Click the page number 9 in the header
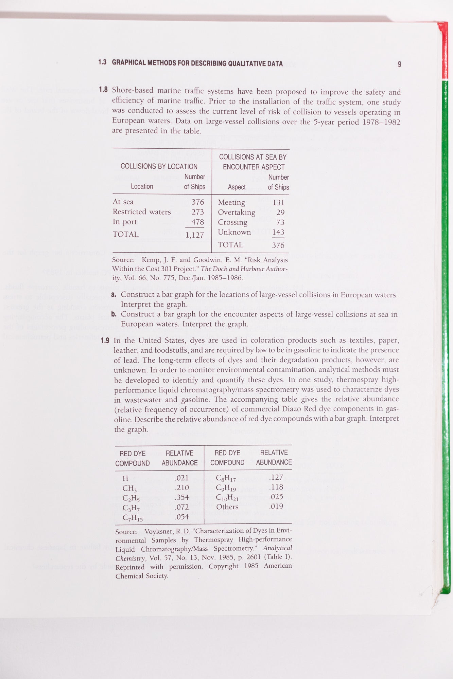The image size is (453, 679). coord(399,64)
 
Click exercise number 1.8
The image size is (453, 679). coord(103,90)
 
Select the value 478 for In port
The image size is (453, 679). coord(197,222)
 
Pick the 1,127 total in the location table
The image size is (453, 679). coord(195,235)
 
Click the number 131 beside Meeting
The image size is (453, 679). coord(278,202)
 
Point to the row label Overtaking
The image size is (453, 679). coord(237,213)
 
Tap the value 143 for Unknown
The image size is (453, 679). coord(278,232)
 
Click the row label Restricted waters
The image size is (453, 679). coord(142,212)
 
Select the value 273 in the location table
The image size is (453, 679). coord(197,212)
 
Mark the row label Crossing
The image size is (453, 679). coord(233,222)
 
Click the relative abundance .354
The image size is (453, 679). coord(182,497)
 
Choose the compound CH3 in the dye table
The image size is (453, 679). coord(129,488)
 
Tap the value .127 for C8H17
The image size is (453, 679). coord(276,477)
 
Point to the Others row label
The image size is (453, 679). coord(227,507)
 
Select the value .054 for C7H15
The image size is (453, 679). coord(182,517)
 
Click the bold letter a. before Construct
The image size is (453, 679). coord(114,295)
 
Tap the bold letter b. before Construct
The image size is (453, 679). coord(114,314)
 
